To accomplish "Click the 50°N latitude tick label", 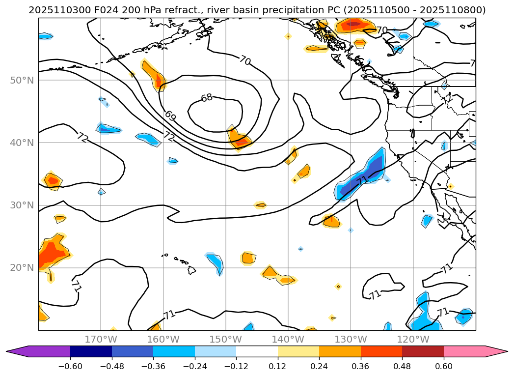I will pos(22,80).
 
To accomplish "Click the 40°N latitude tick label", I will pos(22,143).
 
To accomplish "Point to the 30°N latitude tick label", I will pos(22,205).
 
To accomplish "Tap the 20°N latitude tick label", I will pos(22,267).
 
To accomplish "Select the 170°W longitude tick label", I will pos(101,339).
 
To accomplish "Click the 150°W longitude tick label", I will pos(225,339).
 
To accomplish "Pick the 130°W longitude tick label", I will pos(350,339).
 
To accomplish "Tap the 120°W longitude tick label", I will pos(412,339).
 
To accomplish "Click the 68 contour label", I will pos(207,98).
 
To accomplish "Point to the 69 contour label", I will pos(170,116).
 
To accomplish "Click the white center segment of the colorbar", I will pos(257,351).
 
